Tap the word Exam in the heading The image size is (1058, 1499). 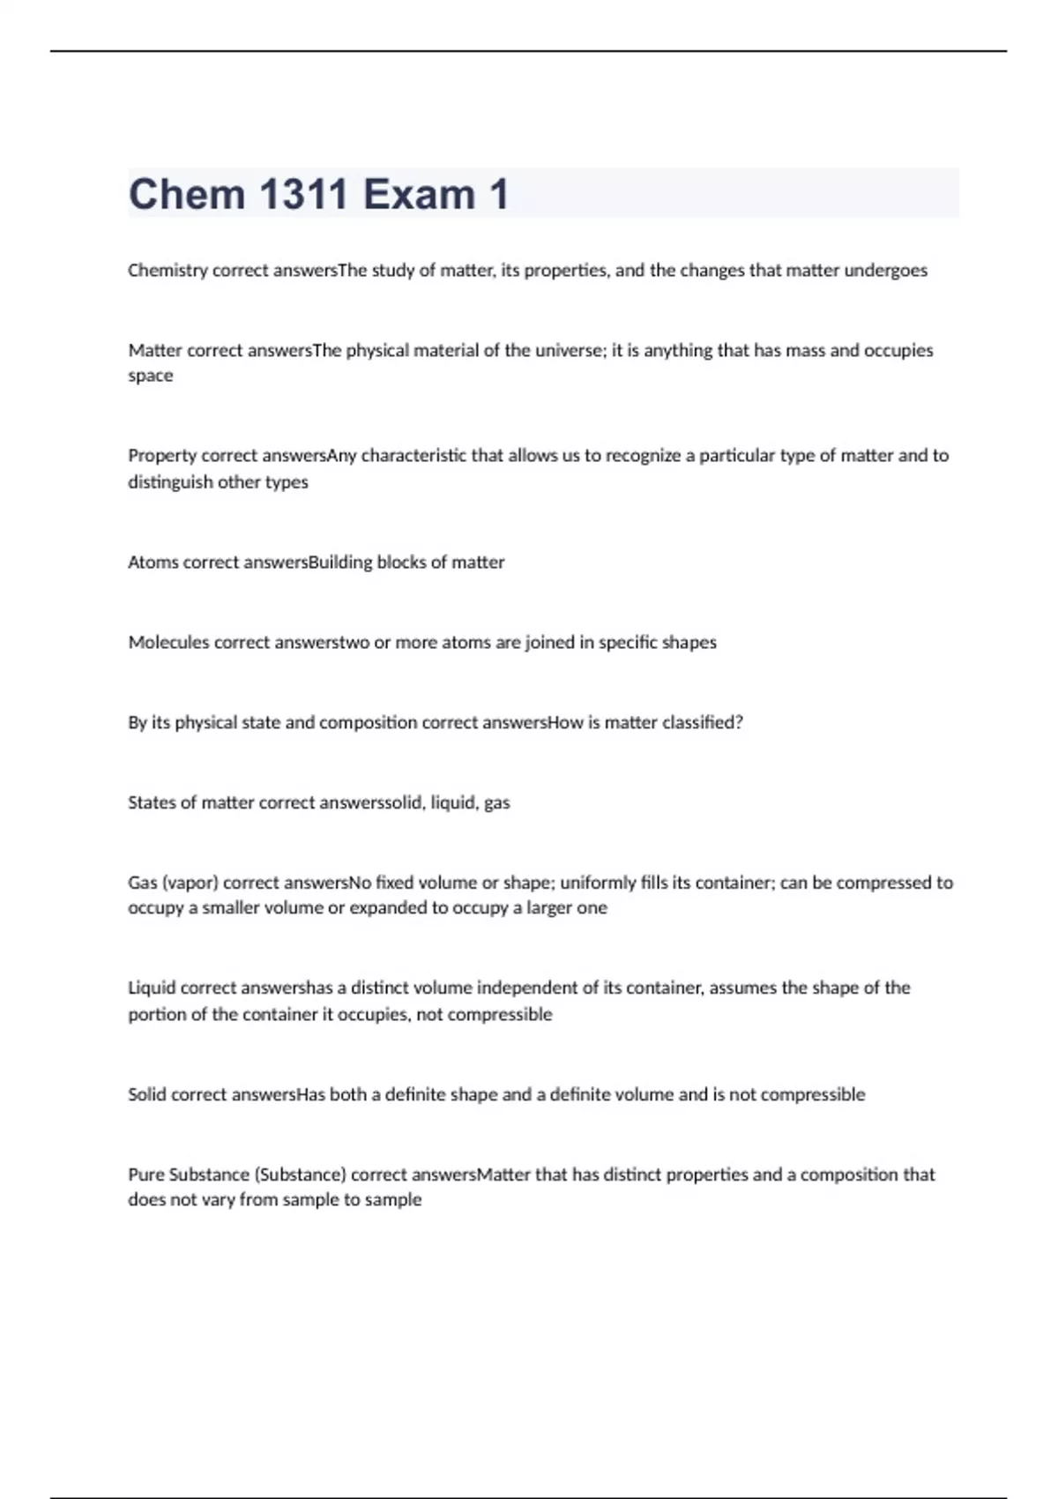tap(419, 194)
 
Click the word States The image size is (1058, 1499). tap(152, 803)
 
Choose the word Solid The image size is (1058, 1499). tap(147, 1095)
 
